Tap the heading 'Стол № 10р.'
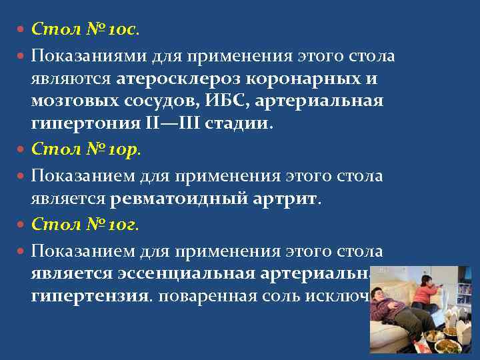(x=85, y=151)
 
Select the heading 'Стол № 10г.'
(x=85, y=226)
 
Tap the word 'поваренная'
(x=209, y=297)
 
